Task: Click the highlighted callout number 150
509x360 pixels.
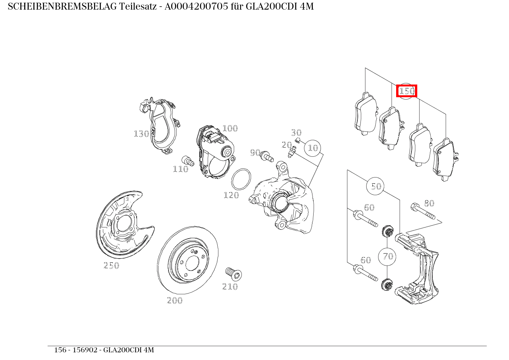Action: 407,91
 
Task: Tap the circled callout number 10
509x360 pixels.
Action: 313,148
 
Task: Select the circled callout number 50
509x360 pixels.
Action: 376,186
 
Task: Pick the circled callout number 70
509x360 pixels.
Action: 388,256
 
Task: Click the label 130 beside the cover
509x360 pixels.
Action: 141,134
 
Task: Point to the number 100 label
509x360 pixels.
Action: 230,128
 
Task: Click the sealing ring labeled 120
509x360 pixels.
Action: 241,179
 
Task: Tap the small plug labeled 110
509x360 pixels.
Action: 187,161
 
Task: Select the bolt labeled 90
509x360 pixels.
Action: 266,156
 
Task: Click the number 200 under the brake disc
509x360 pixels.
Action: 175,300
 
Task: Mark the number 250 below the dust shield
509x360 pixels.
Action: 111,265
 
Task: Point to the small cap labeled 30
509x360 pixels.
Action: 297,139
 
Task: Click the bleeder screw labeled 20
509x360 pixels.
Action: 293,151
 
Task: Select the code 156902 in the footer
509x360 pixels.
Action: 85,350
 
